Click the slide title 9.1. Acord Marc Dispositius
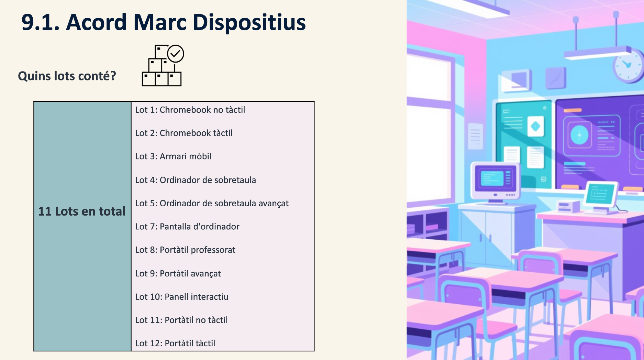coord(164,22)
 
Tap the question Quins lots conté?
coord(67,76)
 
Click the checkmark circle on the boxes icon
coord(176,54)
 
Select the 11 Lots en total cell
coord(82,226)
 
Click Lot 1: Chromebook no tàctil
coord(190,110)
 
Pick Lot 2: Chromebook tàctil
coord(184,133)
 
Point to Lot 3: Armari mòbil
coord(173,156)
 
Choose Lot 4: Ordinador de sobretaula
coord(196,180)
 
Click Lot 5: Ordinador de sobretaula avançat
coord(212,204)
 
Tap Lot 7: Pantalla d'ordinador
coord(187,227)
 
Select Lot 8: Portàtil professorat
coord(185,250)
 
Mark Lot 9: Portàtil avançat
coord(178,274)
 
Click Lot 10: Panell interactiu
coord(182,297)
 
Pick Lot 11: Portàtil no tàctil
coord(181,320)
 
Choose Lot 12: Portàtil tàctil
coord(175,343)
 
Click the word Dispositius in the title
coord(249,23)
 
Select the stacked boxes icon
coord(162,65)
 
